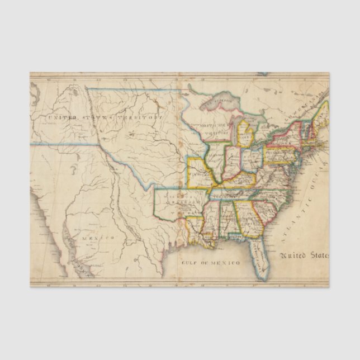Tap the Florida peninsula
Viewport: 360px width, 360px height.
tap(259, 254)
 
